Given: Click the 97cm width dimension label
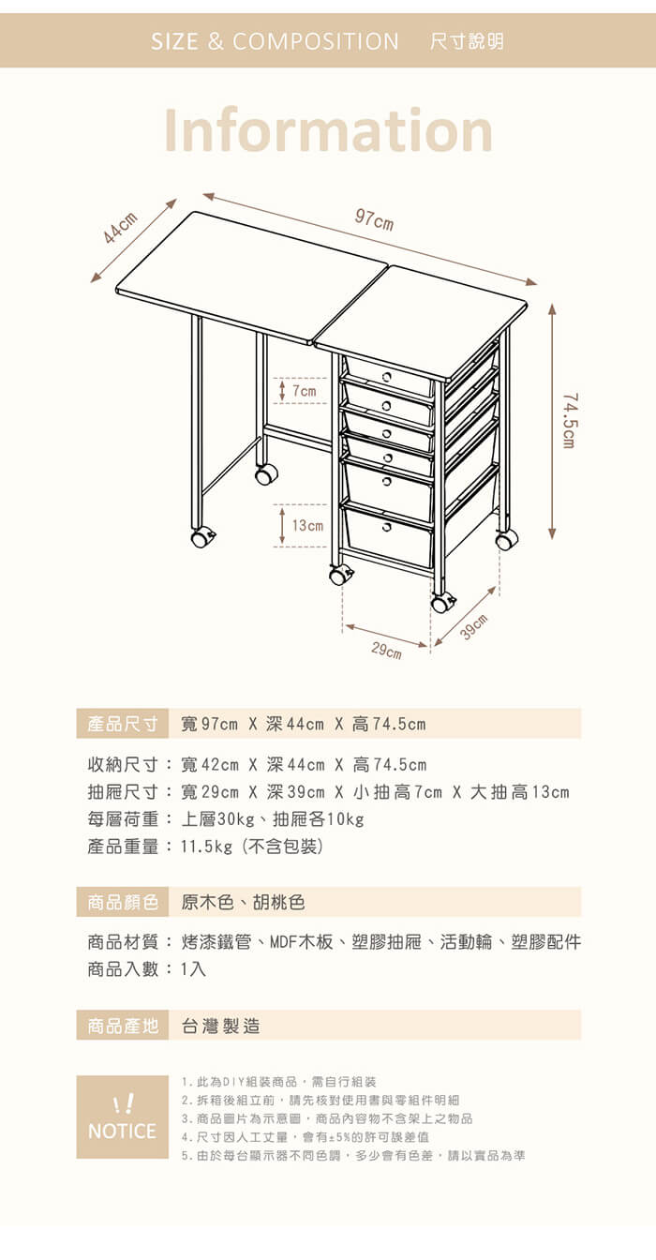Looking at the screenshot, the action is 374,220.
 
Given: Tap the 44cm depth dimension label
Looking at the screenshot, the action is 120,228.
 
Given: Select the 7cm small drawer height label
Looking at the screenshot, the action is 305,391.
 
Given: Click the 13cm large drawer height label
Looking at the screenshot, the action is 307,525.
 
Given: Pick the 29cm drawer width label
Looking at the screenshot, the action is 386,650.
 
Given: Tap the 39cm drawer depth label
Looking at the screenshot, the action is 474,627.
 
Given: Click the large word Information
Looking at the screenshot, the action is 328,130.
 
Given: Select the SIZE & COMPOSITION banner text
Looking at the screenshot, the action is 275,41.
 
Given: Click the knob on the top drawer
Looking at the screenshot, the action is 387,376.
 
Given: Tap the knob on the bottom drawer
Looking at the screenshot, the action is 387,527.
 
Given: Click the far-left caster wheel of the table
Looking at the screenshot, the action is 201,538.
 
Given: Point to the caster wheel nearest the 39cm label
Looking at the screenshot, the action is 441,604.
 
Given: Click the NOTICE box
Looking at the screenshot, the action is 122,1117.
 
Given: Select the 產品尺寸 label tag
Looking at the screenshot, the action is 122,724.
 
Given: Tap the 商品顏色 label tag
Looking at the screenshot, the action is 122,902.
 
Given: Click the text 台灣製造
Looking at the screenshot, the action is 220,1026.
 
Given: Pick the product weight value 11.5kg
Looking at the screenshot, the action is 206,847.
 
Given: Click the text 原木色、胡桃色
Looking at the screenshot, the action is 243,902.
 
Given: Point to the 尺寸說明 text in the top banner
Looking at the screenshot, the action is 467,41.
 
